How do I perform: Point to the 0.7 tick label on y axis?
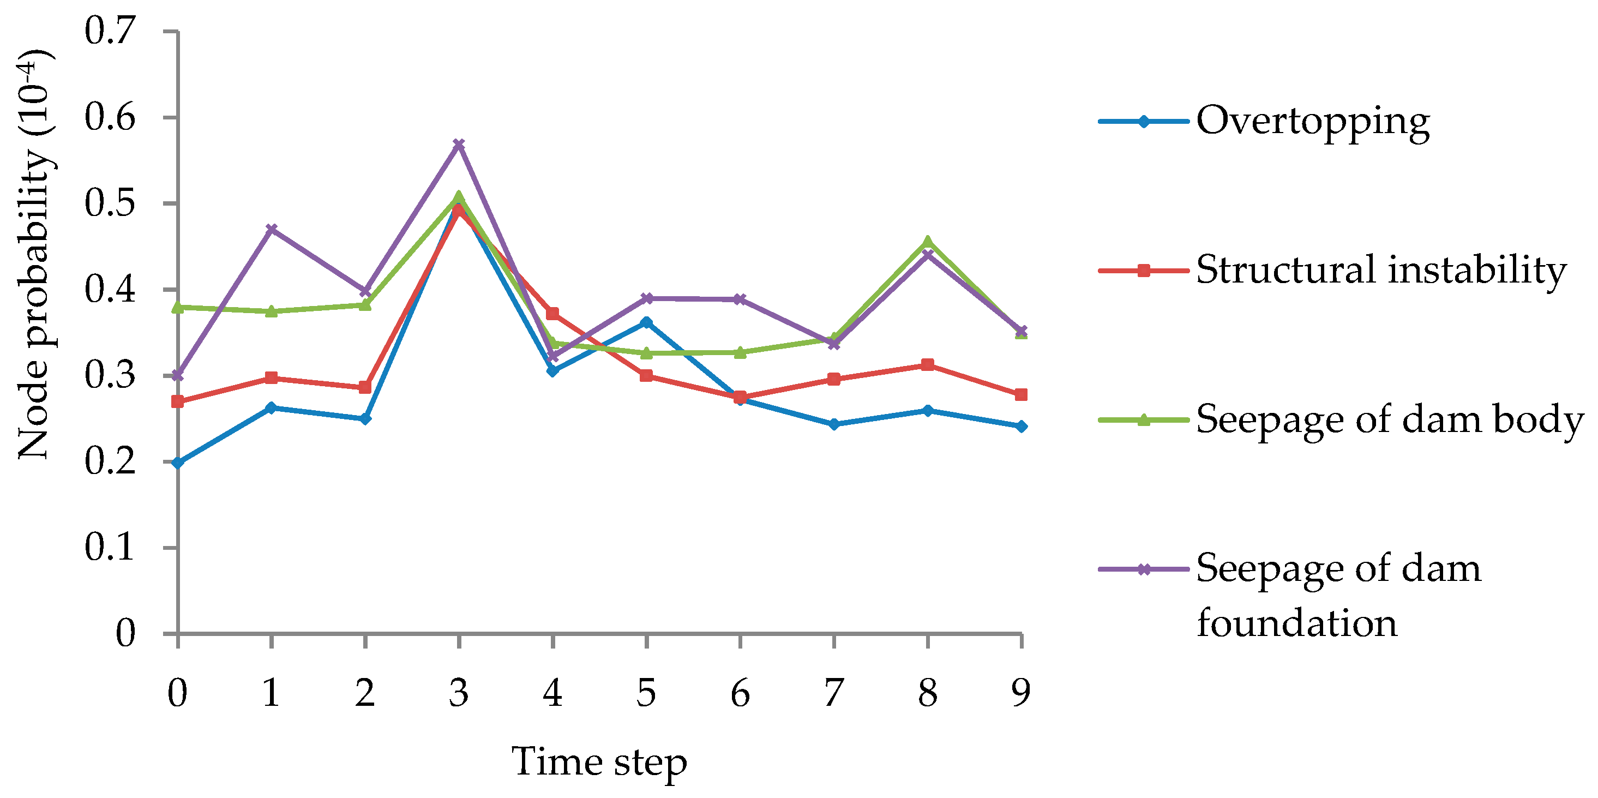pos(110,31)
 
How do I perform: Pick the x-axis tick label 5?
pos(646,693)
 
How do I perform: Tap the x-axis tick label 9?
pos(1021,693)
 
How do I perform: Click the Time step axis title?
pos(599,762)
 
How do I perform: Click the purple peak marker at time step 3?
pos(459,145)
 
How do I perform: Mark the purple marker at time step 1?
pos(271,230)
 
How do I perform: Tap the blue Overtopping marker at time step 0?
pos(177,463)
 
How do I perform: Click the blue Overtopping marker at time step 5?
pos(646,322)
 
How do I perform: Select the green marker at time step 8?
pos(927,242)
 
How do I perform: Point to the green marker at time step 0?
pos(177,307)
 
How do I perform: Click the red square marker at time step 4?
pos(552,314)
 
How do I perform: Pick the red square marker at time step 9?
pos(1021,395)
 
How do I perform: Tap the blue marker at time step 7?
pos(834,424)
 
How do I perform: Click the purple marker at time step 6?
pos(740,299)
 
